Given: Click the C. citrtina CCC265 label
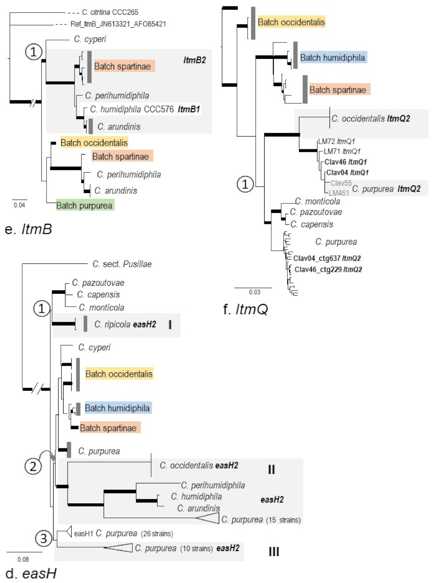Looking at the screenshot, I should (x=110, y=12).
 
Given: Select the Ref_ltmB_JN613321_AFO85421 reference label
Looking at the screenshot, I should (x=118, y=24).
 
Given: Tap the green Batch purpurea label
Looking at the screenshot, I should (x=85, y=205).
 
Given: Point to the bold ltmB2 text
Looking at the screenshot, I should (x=195, y=60).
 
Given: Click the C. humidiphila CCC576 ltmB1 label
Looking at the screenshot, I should (x=145, y=109).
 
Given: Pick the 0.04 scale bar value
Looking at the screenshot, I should (x=19, y=205).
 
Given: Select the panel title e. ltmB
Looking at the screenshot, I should (x=29, y=229).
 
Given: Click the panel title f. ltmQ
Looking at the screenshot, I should (x=245, y=309).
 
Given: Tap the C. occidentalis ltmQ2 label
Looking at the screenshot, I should (x=371, y=118).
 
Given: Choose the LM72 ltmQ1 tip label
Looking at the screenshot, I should (x=336, y=142).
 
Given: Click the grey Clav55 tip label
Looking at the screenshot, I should (x=341, y=183).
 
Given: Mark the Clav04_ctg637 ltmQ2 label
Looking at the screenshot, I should (x=327, y=258).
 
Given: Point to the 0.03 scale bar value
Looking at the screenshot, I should (x=254, y=292).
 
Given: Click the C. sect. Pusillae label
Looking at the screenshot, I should (x=122, y=264).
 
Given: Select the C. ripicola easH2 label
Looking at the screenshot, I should (x=125, y=325).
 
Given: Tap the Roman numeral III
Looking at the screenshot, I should (x=274, y=552).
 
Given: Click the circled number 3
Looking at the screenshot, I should (x=44, y=538).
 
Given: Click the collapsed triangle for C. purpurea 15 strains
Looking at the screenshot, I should (x=208, y=519).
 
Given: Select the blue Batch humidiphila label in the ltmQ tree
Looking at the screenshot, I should (x=332, y=58).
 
